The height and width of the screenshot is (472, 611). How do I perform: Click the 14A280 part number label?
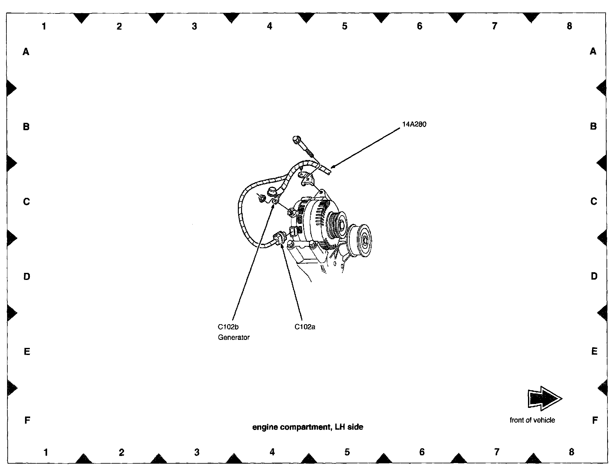click(x=414, y=124)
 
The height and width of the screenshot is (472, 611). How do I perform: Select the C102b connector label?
click(x=228, y=327)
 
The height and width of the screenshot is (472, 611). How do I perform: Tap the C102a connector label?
click(x=305, y=327)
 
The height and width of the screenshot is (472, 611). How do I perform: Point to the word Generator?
click(x=233, y=337)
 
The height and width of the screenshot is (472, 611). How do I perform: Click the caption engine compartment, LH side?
click(x=308, y=427)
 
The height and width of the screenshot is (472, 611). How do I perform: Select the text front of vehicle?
click(x=532, y=420)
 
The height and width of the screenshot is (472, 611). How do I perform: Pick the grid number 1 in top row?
click(x=44, y=26)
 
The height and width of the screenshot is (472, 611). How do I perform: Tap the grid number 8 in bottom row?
click(x=571, y=452)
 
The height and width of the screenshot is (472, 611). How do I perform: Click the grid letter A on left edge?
click(x=26, y=51)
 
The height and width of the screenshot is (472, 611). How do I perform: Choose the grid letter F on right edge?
click(x=594, y=420)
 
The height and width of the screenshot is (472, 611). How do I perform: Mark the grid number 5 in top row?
click(x=345, y=26)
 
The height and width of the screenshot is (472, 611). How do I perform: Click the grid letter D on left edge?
click(x=27, y=276)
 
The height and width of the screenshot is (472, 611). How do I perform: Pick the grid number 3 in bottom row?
click(x=197, y=452)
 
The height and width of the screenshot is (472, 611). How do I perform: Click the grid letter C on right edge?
click(x=594, y=201)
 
